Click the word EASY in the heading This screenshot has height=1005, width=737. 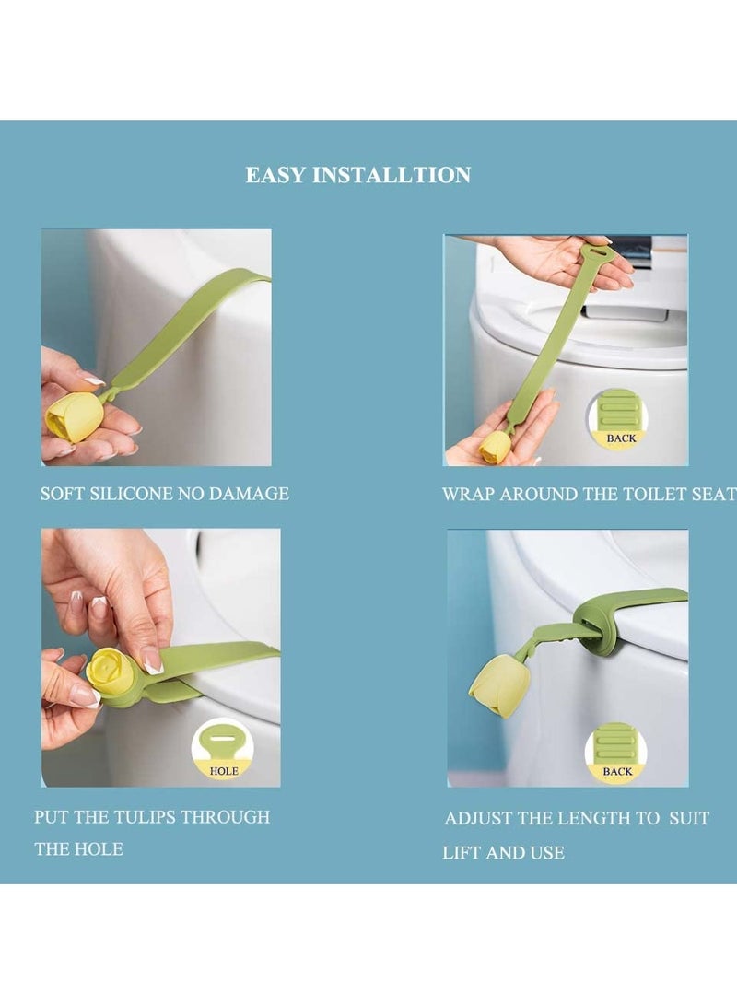click(275, 175)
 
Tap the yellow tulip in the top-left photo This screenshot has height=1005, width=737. click(74, 416)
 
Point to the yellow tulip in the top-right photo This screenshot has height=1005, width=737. click(495, 447)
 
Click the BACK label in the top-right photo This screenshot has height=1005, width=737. click(621, 438)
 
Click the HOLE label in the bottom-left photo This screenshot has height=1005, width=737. click(224, 770)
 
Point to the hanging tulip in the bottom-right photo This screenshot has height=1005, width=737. click(498, 687)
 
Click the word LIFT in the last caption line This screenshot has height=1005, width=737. click(462, 853)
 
